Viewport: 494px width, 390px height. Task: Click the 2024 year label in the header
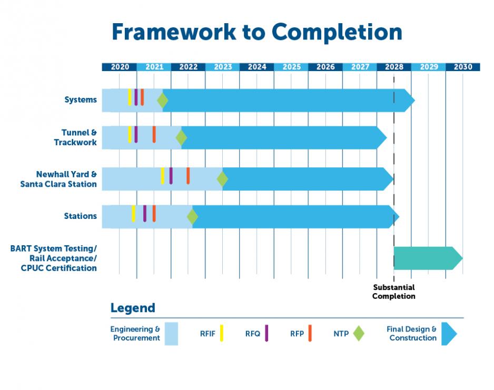[257, 67]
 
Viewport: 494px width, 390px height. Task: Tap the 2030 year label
[463, 67]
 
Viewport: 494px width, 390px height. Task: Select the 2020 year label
[120, 67]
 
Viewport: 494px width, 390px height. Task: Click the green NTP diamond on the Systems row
[162, 100]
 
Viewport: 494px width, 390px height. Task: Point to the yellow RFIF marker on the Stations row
[133, 213]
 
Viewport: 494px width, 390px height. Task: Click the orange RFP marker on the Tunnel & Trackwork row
[154, 134]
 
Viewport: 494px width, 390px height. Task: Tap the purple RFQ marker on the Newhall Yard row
[171, 175]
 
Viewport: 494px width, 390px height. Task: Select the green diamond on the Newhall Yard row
[222, 179]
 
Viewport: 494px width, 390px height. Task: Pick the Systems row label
[81, 100]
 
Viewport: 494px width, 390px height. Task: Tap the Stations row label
[81, 216]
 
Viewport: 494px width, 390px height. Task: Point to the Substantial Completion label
[393, 292]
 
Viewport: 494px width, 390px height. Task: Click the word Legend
[133, 308]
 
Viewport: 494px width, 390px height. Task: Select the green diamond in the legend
[359, 333]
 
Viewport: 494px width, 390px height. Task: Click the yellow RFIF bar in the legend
[222, 333]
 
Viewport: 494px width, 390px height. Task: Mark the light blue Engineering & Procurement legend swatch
[171, 334]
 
